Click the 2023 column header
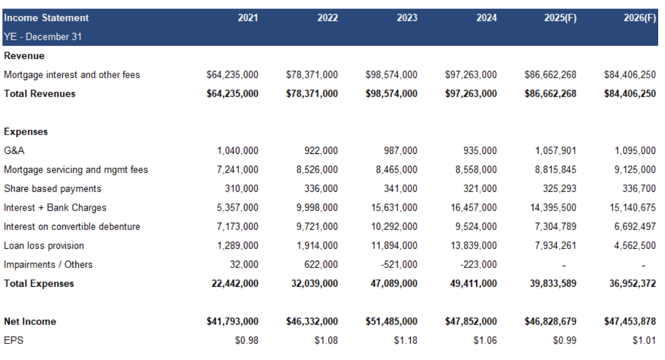point(407,18)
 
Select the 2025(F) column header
point(560,18)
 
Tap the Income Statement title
point(46,18)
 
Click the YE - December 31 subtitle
point(43,37)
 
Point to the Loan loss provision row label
point(44,246)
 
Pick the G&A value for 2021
point(238,150)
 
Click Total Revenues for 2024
point(471,94)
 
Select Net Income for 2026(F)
point(630,321)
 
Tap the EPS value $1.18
point(406,341)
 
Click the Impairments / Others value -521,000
point(399,265)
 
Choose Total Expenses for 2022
point(314,283)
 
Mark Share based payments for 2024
point(479,189)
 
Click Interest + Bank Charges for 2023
point(394,208)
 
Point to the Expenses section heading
point(26,132)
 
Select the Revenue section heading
point(24,56)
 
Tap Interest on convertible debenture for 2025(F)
point(555,227)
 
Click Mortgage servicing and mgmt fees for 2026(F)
point(635,170)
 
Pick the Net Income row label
point(30,321)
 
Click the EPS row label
point(14,341)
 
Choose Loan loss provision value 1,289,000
point(238,246)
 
